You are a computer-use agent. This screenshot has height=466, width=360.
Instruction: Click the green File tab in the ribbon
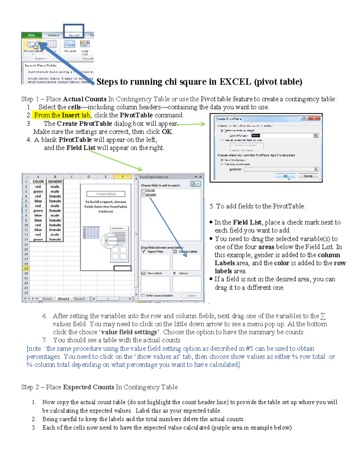pos(31,35)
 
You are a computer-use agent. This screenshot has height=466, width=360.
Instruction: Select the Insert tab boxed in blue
pos(74,35)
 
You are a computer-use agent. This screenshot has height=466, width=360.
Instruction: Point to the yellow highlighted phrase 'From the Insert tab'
pos(62,115)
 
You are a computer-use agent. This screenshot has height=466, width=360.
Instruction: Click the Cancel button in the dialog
pos(308,176)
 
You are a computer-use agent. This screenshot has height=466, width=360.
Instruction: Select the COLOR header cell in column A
pos(38,182)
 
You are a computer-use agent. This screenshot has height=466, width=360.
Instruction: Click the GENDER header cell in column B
pos(55,182)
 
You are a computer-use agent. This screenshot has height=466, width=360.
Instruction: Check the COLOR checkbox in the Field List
pos(143,191)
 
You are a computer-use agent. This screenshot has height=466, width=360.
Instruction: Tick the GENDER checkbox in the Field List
pos(143,195)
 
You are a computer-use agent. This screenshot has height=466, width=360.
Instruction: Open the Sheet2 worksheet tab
pos(63,299)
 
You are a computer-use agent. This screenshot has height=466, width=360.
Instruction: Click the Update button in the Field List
pos(191,296)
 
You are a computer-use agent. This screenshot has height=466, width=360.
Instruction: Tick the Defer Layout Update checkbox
pos(143,296)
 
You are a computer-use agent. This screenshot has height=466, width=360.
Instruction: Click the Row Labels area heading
pos(154,273)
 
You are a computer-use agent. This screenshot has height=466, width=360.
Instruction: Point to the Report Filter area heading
pos(155,251)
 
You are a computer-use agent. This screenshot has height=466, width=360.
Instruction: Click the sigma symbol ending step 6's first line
pos(323,316)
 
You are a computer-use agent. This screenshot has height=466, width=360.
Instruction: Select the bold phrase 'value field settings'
pos(129,332)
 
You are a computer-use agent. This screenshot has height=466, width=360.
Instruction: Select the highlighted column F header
pos(122,177)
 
